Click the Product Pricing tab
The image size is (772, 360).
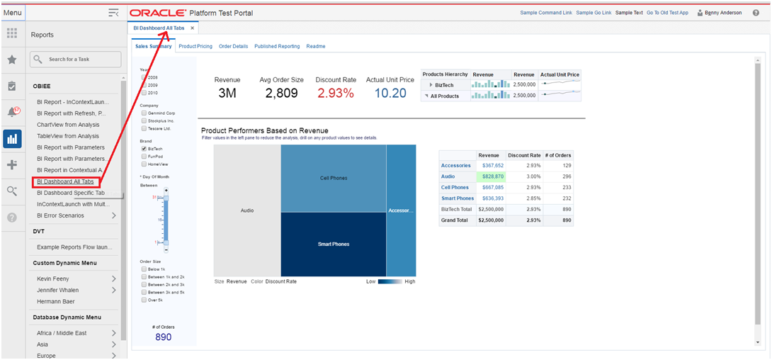(x=195, y=46)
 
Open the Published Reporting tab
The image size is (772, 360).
(x=276, y=46)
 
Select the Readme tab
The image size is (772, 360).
(x=316, y=46)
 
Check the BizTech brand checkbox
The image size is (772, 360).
(x=144, y=149)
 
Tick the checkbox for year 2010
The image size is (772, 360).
(x=144, y=93)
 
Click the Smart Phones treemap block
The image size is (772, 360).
(x=333, y=244)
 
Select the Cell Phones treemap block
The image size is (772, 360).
(x=333, y=178)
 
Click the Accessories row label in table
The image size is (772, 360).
(x=455, y=165)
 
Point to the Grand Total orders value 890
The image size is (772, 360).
(x=566, y=220)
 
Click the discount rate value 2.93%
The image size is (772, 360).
(x=334, y=94)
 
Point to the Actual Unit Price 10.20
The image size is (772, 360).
(x=390, y=94)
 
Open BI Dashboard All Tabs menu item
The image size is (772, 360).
(x=65, y=182)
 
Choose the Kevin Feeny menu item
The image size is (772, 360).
(x=53, y=279)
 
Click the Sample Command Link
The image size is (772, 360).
(x=545, y=13)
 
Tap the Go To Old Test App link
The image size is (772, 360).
(x=666, y=13)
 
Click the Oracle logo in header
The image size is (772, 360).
(x=158, y=13)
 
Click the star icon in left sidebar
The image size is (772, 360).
(x=12, y=60)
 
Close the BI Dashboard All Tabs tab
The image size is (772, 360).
(x=192, y=28)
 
